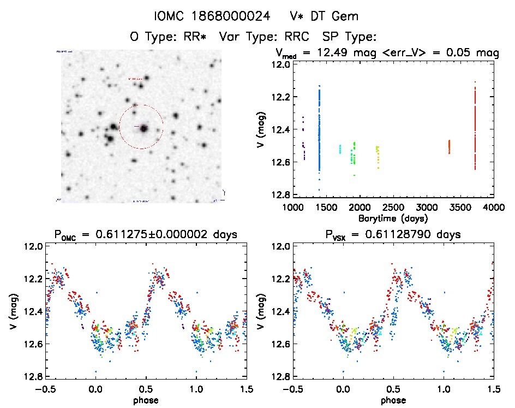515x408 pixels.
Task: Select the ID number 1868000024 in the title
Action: [236, 16]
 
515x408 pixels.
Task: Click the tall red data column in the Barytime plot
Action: [475, 126]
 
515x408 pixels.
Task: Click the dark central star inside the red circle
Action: [144, 128]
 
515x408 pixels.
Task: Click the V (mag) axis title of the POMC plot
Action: [13, 311]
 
